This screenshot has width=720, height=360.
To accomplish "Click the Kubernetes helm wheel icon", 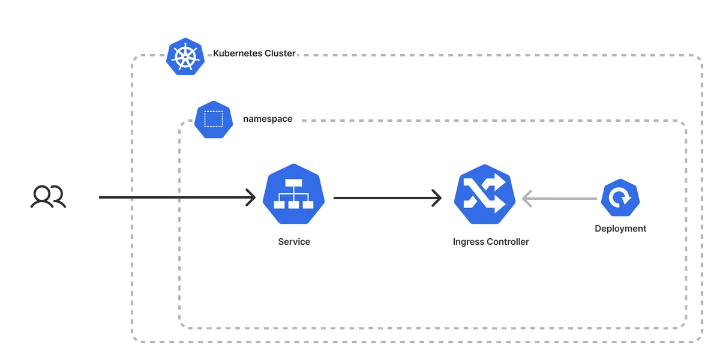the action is (x=185, y=56).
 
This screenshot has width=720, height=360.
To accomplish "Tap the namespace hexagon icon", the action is (x=214, y=119).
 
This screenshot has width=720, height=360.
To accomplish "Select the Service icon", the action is (x=293, y=194).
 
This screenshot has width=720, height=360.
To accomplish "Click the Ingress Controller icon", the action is (x=485, y=194).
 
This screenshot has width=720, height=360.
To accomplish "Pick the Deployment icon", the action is (x=620, y=197).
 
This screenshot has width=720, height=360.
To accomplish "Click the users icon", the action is (x=48, y=196).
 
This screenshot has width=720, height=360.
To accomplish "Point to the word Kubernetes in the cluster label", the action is (x=237, y=53).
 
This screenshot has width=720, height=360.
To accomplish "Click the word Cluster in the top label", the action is (x=280, y=53).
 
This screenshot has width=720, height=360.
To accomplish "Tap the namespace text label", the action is (x=268, y=119).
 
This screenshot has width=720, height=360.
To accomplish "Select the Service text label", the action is (x=294, y=241).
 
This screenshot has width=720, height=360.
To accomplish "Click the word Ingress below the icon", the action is (x=468, y=242).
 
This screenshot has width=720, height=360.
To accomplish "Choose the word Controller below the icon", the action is (x=508, y=241).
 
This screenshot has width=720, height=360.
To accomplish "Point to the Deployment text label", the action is (x=620, y=229).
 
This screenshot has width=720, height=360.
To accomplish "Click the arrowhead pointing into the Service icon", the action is (x=251, y=197).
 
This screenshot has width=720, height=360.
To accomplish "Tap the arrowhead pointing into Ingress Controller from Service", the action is (x=437, y=198).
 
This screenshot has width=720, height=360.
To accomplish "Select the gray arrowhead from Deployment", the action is (x=527, y=199).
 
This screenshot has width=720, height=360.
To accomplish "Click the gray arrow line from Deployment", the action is (x=559, y=199).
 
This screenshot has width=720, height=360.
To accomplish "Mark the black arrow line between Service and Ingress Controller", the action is (x=388, y=198).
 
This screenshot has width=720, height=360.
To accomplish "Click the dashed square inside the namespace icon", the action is (x=214, y=119).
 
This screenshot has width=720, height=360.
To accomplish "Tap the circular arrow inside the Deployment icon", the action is (x=620, y=197).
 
